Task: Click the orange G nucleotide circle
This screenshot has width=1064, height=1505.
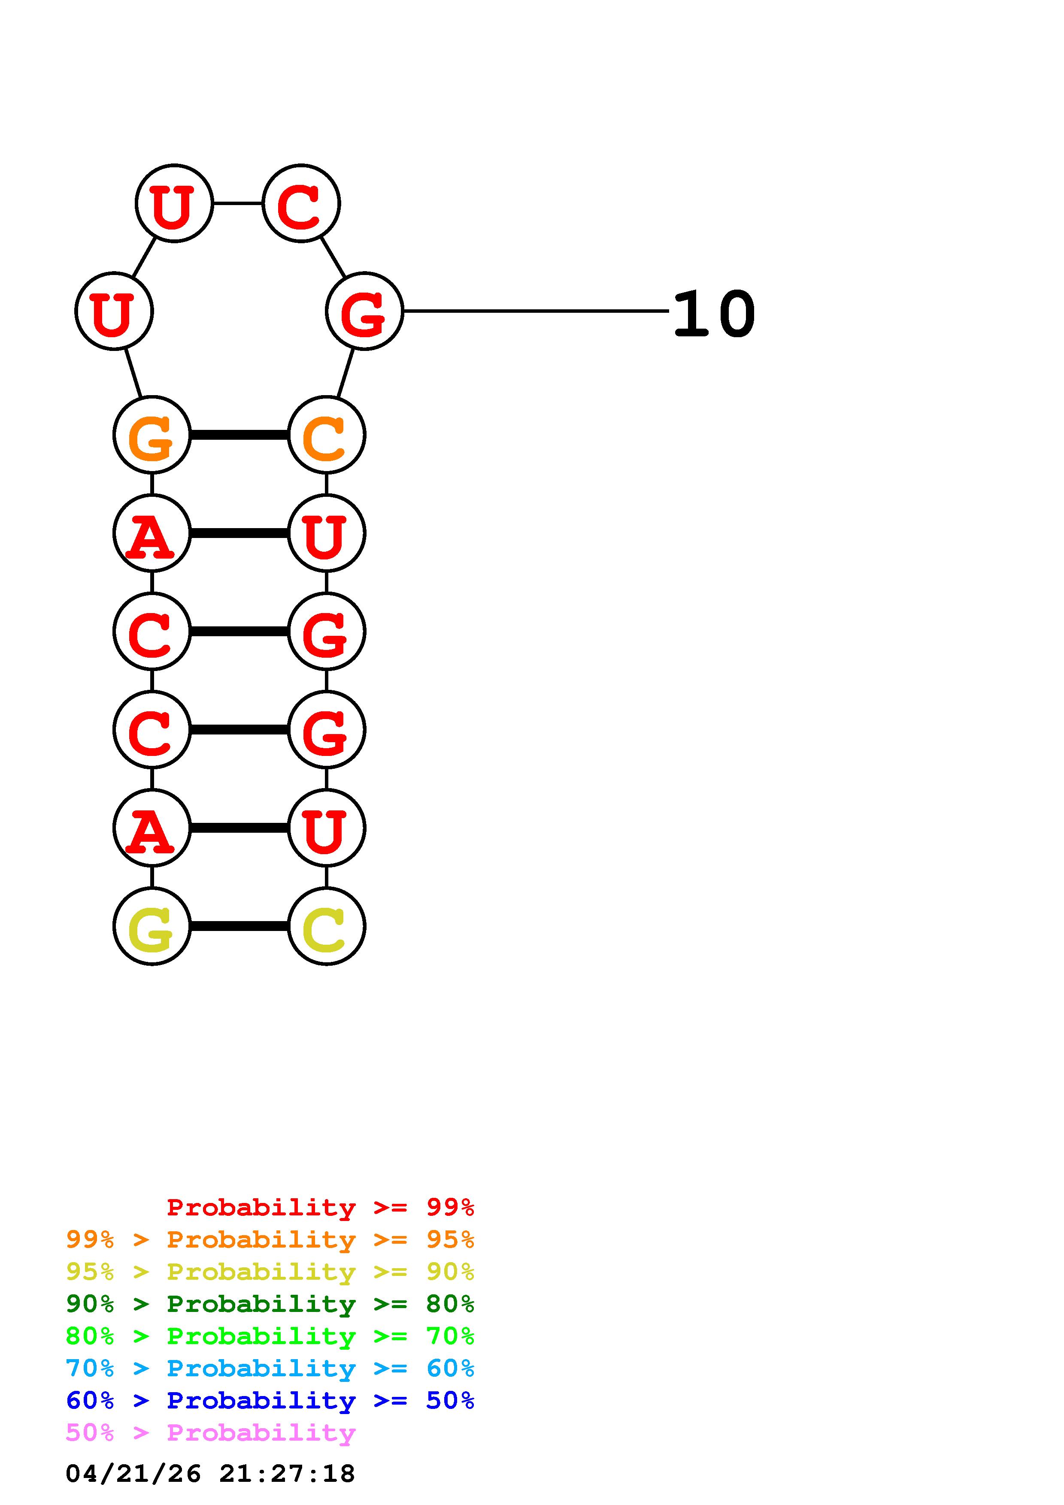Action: tap(152, 435)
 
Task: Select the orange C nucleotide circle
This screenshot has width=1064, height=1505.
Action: tap(326, 435)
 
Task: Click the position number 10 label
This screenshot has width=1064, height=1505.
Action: tap(714, 314)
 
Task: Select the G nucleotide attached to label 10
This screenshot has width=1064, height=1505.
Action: tap(364, 311)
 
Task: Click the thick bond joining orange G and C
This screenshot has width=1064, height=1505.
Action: tap(239, 435)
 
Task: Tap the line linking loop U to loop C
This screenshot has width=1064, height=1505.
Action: tap(237, 203)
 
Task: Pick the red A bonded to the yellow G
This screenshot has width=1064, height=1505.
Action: tap(152, 828)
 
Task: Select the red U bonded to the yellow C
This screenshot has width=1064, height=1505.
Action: tap(326, 828)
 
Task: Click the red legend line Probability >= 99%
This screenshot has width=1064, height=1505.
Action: tap(320, 1207)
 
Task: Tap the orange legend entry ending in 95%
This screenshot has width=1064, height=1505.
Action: tap(270, 1239)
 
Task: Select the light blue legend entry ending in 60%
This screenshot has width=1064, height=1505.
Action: tap(270, 1368)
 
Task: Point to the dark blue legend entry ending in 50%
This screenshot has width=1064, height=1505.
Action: tap(270, 1400)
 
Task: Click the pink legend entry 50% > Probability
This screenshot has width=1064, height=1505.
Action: tap(210, 1432)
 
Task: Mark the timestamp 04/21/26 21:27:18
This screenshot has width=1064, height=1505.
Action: tap(210, 1474)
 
